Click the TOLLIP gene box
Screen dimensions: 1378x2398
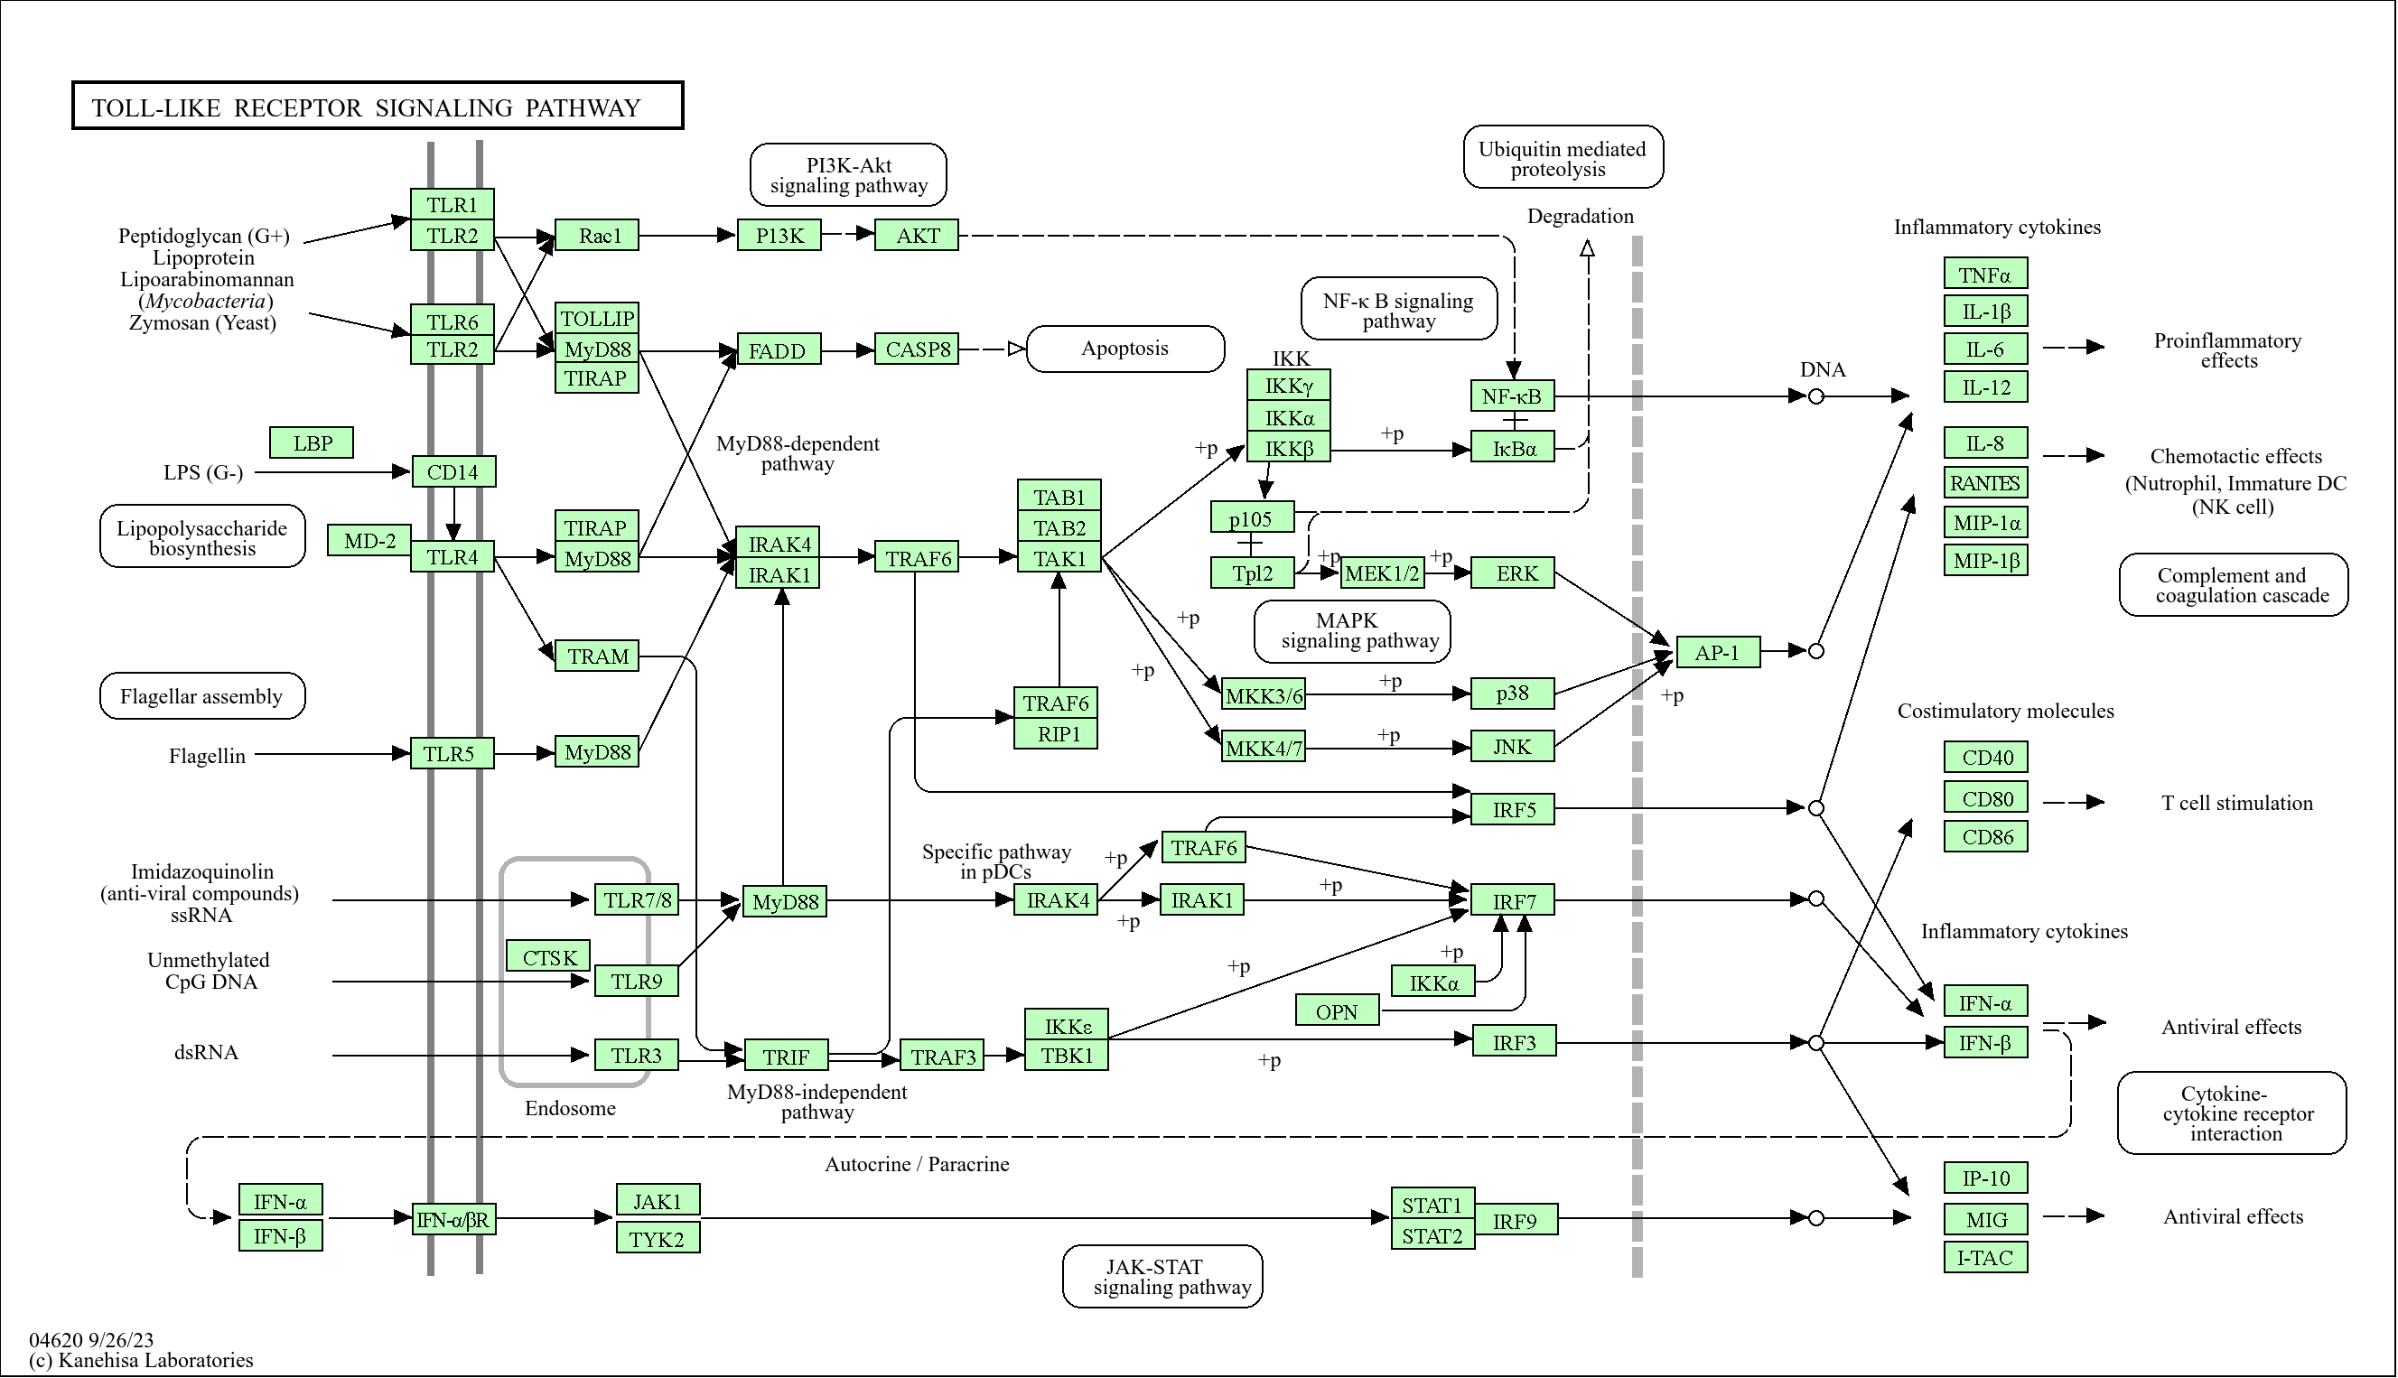click(596, 318)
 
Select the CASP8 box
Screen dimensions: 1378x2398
click(916, 349)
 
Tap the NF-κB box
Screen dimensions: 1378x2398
click(1511, 396)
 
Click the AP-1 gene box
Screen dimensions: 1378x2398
click(1717, 652)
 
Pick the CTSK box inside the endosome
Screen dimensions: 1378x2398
click(548, 957)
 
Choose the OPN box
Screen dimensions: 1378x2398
click(1335, 1011)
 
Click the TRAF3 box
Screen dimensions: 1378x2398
click(942, 1057)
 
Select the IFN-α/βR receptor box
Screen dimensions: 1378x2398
click(453, 1220)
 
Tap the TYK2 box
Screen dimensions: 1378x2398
click(657, 1239)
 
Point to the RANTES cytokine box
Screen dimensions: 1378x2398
click(1984, 483)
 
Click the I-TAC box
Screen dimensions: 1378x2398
click(1984, 1258)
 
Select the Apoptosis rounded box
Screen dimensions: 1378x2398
click(1124, 349)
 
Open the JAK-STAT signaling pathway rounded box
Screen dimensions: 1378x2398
click(1162, 1277)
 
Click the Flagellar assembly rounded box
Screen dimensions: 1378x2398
click(201, 696)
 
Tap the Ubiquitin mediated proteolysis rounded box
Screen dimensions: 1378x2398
click(1562, 158)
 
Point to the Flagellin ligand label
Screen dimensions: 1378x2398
click(206, 756)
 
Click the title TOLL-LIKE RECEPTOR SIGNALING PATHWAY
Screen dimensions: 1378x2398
click(377, 107)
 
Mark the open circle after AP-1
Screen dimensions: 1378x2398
click(1815, 651)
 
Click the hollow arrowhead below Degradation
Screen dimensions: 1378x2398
click(1587, 248)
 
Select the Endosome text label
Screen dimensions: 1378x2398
click(570, 1108)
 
